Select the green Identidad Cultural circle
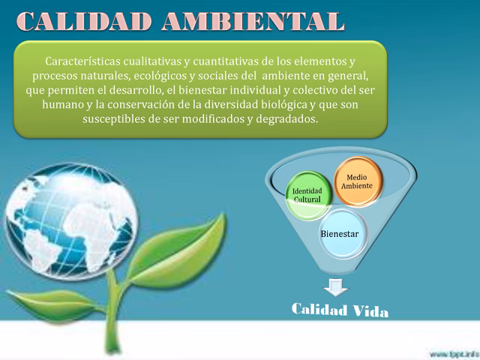click(307, 196)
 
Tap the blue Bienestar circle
click(339, 233)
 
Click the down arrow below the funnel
click(336, 286)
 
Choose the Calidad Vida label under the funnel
click(340, 310)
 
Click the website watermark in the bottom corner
click(454, 352)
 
